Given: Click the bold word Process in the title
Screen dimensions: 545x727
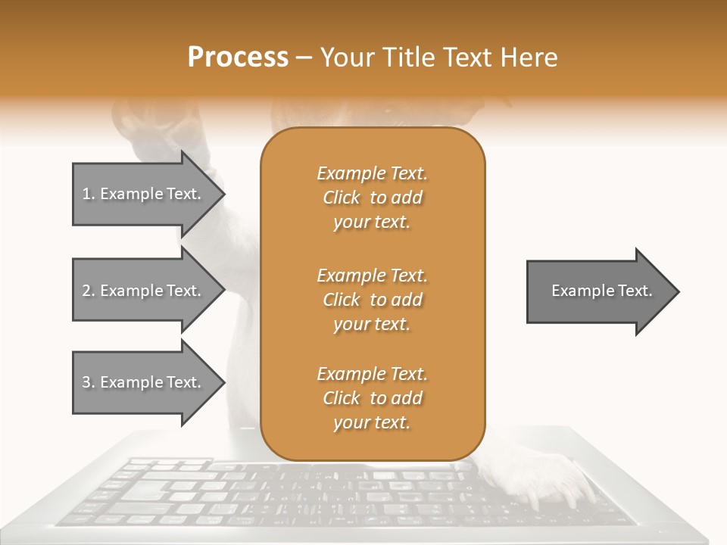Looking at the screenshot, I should pos(238,58).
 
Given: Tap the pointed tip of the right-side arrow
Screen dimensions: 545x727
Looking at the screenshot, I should pos(678,291).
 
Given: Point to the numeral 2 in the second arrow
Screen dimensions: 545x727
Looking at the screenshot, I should pos(86,291).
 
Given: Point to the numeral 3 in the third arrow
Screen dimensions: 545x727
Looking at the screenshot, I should pos(86,382).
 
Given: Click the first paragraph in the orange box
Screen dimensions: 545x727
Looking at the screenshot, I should pos(372,198).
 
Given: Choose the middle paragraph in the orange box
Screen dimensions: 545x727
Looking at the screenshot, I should pos(372,300).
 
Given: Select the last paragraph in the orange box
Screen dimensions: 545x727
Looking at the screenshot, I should pos(372,398).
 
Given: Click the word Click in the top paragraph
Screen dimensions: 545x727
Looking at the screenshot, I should pos(341,198).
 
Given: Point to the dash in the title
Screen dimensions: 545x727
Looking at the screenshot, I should pos(304,58).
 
